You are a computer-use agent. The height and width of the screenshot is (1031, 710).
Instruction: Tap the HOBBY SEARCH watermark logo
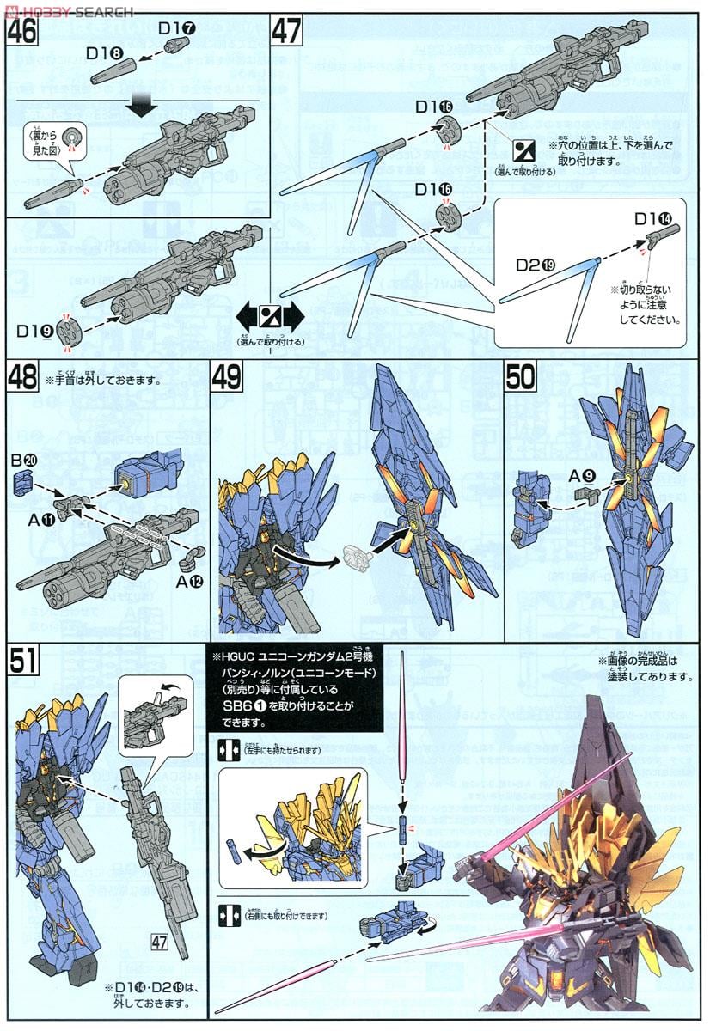69,10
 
